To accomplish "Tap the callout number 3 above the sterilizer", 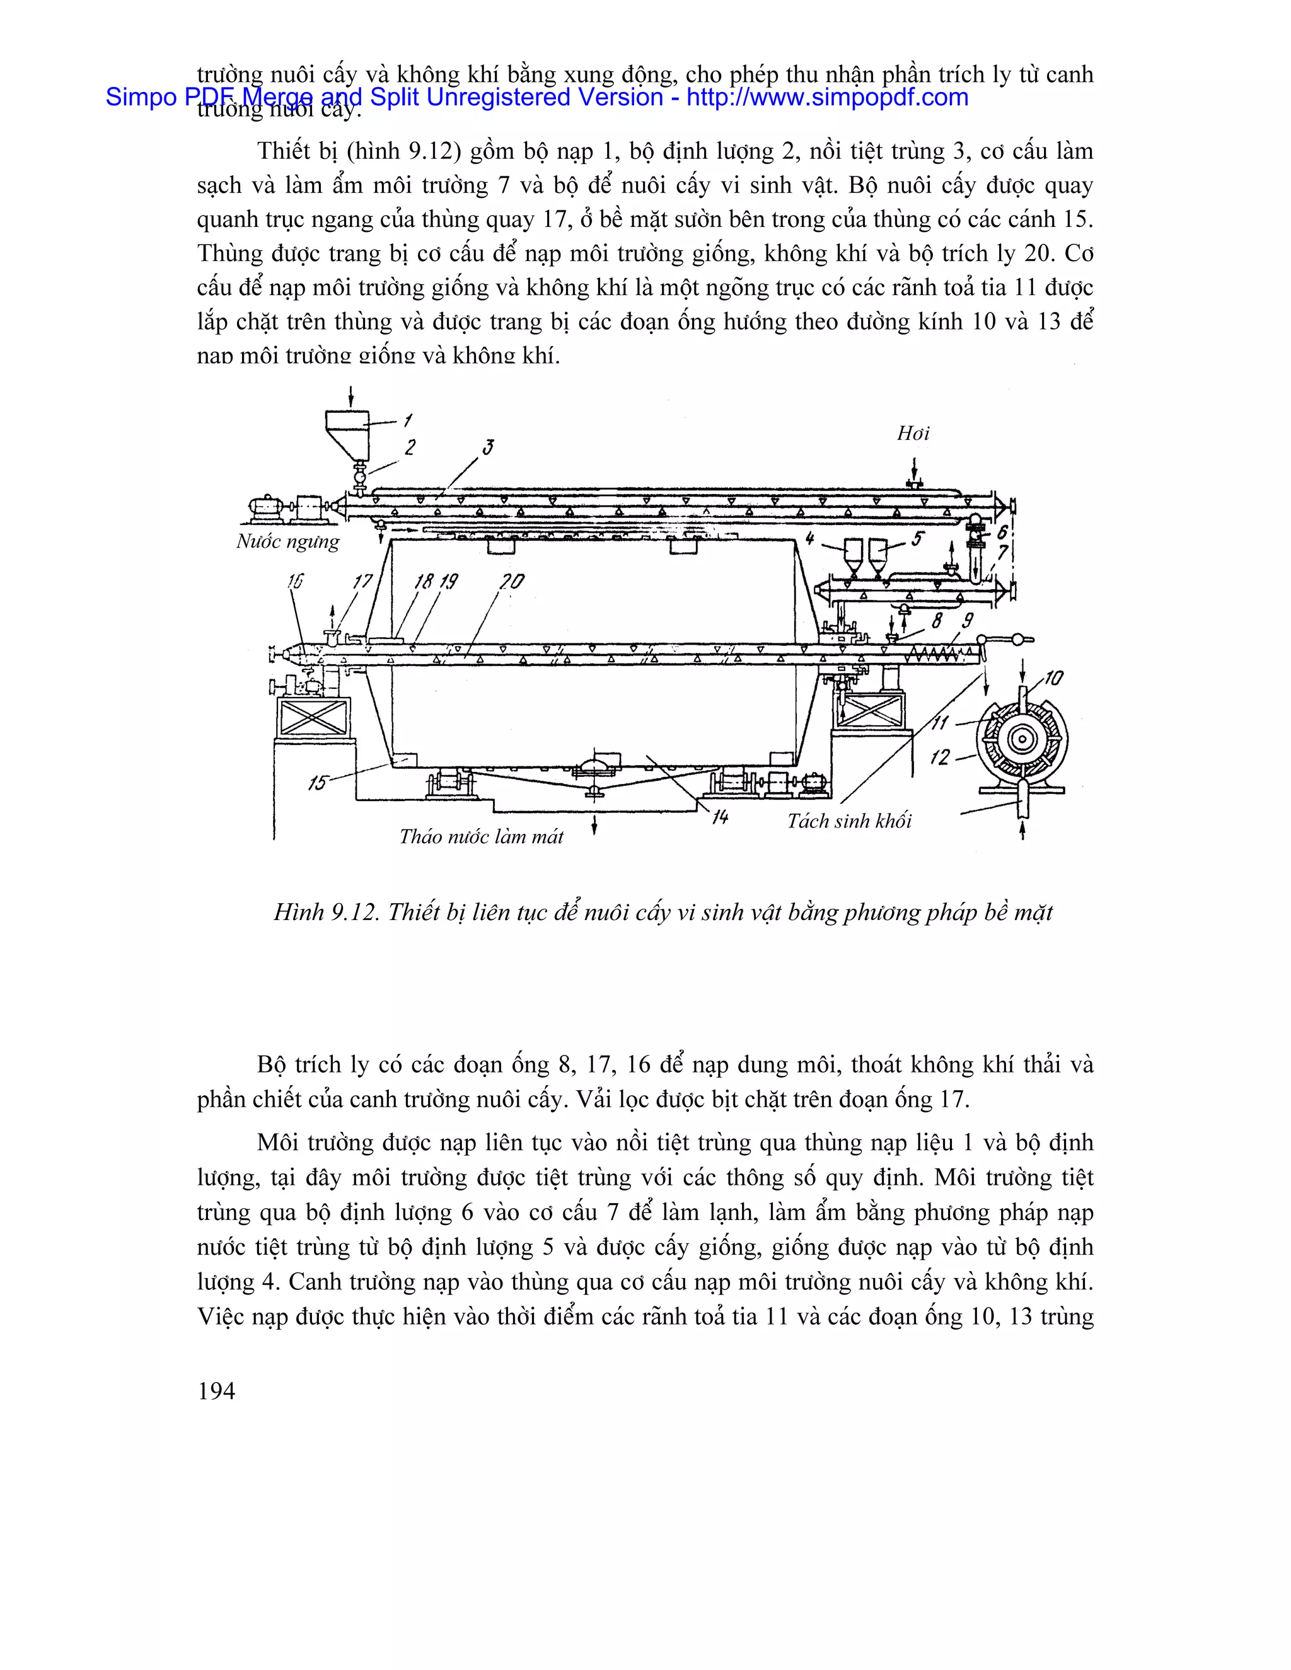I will [x=488, y=447].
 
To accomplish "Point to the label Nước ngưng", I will [x=287, y=541].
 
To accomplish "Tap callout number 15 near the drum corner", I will [x=318, y=782].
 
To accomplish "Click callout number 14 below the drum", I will [x=720, y=817].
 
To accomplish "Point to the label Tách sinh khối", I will [x=849, y=821].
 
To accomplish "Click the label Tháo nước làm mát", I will [x=481, y=836].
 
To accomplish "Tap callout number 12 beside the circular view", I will [x=940, y=757].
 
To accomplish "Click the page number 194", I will [x=216, y=1391].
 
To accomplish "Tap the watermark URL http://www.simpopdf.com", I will [x=827, y=97].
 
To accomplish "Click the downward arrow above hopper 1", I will [x=351, y=397].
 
